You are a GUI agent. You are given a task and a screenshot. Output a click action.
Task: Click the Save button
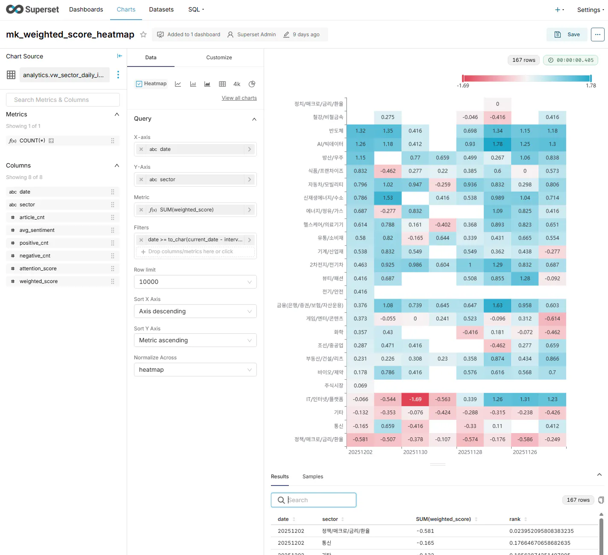[567, 35]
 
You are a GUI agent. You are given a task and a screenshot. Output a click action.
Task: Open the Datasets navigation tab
[161, 9]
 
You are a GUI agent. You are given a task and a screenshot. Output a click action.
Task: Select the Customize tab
[219, 58]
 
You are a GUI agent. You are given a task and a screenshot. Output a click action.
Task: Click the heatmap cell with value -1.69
[415, 399]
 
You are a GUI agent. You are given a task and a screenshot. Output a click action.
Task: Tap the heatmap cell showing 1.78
[497, 144]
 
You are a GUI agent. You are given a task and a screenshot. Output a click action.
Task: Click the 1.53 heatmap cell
[388, 198]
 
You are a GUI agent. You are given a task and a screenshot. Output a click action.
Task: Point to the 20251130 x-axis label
[415, 452]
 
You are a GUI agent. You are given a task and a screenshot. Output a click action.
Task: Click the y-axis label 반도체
[336, 131]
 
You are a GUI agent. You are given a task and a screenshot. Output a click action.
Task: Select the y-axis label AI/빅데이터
[330, 144]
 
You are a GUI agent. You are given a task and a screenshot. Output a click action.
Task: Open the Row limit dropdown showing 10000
[195, 282]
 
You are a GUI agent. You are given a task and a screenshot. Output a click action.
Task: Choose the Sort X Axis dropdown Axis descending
[195, 311]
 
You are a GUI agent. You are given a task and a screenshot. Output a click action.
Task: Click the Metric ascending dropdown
[195, 340]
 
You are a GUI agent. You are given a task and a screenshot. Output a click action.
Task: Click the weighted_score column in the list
[38, 281]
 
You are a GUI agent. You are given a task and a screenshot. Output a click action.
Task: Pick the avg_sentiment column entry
[37, 230]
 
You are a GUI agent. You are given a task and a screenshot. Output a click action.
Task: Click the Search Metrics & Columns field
[63, 100]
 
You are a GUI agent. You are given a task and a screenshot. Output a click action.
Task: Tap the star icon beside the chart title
[143, 35]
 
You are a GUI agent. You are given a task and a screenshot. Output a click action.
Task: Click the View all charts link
[239, 98]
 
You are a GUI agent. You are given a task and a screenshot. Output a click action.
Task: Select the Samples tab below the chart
[313, 477]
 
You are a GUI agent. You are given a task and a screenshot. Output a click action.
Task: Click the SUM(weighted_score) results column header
[443, 519]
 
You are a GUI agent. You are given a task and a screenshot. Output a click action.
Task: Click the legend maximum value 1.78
[591, 86]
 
